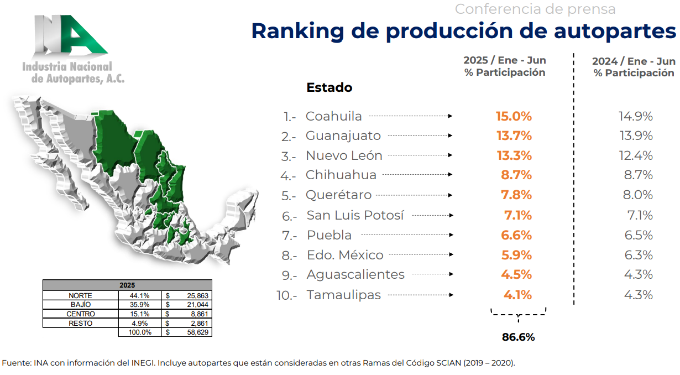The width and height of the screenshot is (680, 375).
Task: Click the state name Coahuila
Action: (334, 116)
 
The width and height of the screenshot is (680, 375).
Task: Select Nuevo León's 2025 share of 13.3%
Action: (514, 155)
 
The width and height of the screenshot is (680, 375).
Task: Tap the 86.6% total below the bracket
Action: (518, 337)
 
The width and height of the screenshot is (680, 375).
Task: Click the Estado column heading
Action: (329, 87)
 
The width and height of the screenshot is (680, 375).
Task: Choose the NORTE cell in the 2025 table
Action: (81, 296)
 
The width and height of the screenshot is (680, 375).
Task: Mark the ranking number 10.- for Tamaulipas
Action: (286, 295)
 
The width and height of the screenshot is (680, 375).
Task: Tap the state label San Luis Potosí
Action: (355, 215)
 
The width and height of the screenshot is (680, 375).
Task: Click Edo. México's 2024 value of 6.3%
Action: (638, 255)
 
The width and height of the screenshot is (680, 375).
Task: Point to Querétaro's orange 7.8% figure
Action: (516, 195)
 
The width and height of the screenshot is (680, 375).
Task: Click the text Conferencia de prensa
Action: (535, 9)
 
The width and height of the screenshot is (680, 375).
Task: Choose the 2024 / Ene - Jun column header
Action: (634, 61)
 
